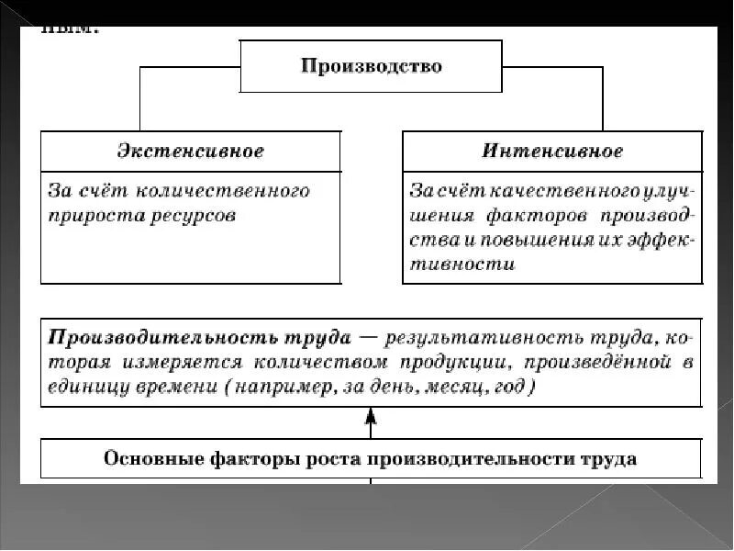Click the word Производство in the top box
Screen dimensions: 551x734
click(x=372, y=66)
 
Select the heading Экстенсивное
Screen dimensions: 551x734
click(x=191, y=151)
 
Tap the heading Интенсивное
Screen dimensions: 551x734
click(x=552, y=151)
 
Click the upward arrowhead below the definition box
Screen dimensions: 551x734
click(x=370, y=419)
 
